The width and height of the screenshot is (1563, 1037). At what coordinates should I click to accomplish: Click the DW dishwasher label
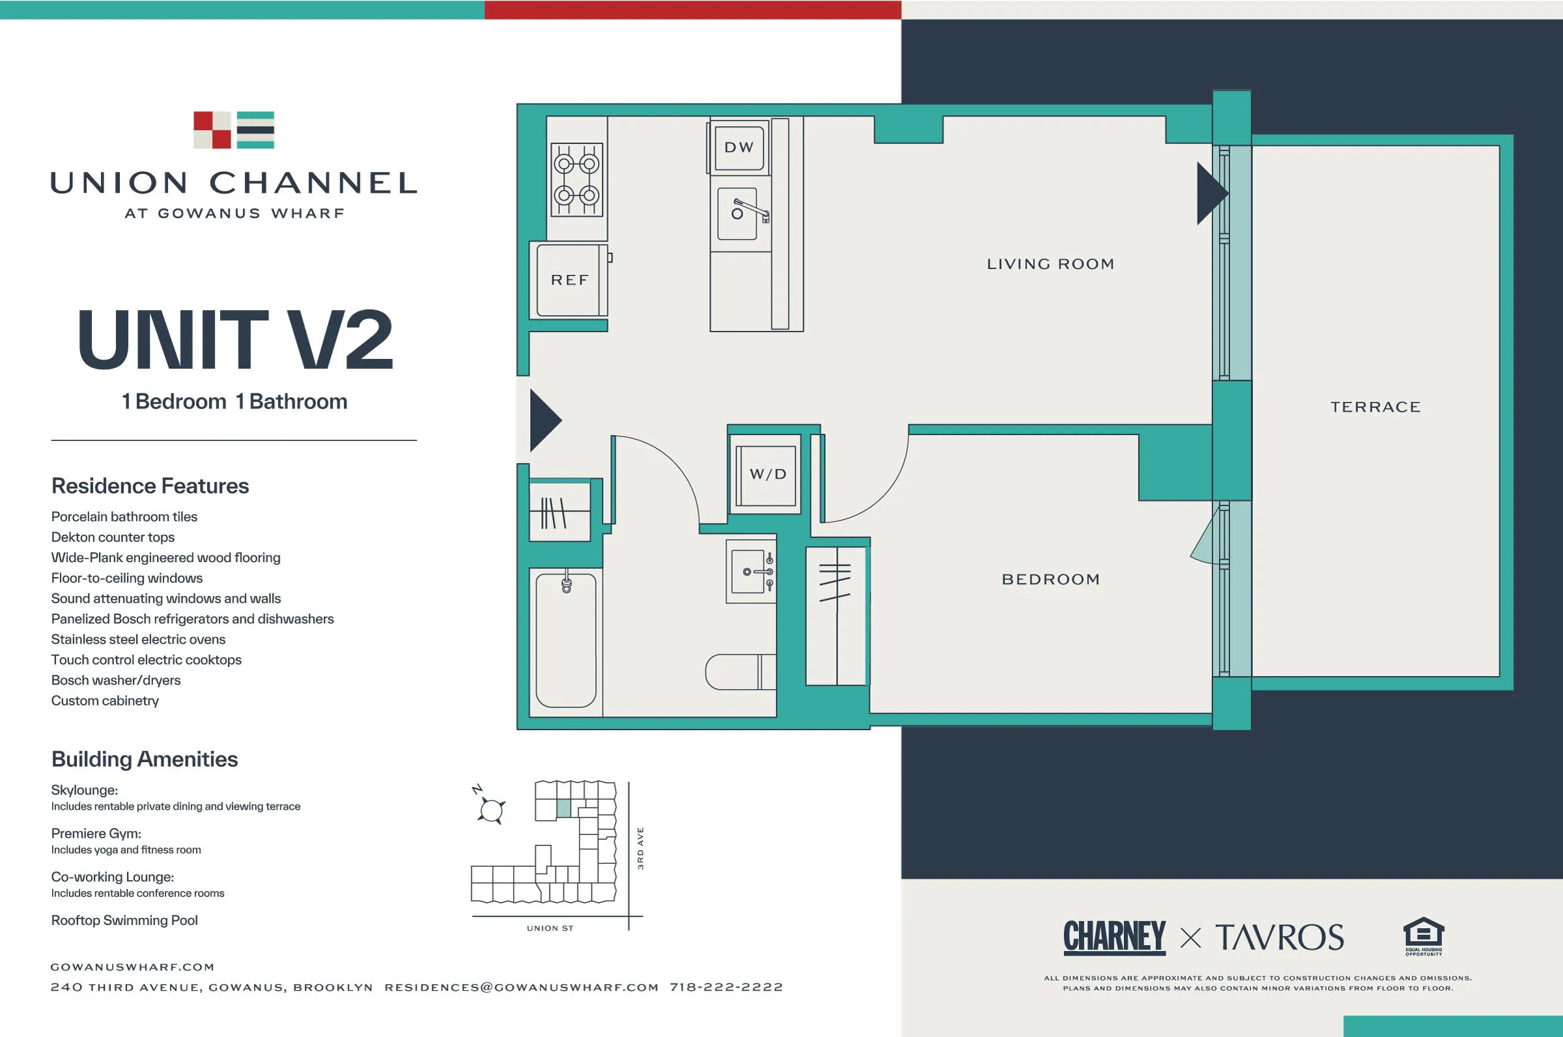[x=739, y=147]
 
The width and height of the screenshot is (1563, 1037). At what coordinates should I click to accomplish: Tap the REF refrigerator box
[x=569, y=280]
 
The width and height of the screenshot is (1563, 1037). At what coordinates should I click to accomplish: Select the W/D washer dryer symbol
[x=767, y=474]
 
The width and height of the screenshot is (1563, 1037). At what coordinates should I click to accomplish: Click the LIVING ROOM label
[x=1050, y=264]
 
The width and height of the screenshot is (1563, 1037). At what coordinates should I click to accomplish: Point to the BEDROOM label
[x=1050, y=579]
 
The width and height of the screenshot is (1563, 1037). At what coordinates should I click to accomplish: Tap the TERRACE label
[x=1375, y=406]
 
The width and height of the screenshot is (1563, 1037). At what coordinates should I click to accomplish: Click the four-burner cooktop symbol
[x=576, y=179]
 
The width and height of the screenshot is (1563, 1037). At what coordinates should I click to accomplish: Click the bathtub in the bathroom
[x=566, y=640]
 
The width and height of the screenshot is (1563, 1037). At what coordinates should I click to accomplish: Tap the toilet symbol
[x=739, y=672]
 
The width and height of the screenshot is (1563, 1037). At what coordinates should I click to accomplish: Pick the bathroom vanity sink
[x=750, y=571]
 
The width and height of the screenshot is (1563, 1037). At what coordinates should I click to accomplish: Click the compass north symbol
[x=490, y=808]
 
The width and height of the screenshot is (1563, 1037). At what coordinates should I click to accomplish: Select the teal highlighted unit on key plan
[x=563, y=808]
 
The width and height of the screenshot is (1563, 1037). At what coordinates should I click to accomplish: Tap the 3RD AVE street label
[x=640, y=849]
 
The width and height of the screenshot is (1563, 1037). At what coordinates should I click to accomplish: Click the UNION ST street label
[x=550, y=928]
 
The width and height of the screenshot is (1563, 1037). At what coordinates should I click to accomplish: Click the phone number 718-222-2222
[x=726, y=987]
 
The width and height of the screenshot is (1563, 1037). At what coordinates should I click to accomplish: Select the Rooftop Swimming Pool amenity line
[x=124, y=920]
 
